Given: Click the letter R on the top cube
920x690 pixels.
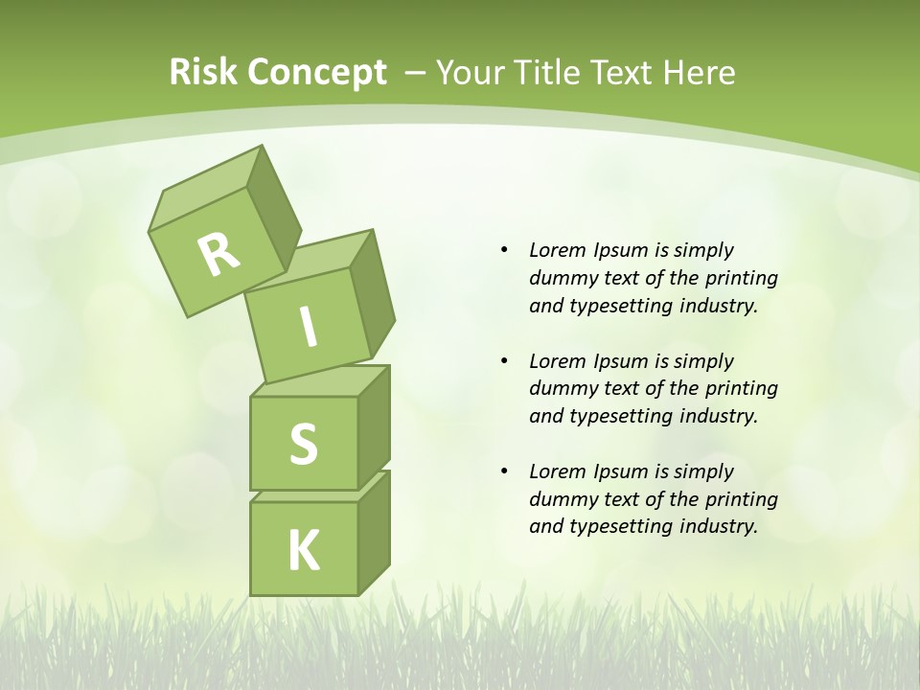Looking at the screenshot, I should pos(218,255).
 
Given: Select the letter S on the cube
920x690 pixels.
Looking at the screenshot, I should pos(303,445).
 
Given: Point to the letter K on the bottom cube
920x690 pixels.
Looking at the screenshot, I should pos(304,551).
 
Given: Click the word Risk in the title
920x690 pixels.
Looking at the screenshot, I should pos(202,73).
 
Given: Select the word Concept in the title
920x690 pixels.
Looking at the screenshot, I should pos(316,73).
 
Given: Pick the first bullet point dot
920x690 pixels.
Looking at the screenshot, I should pos(505,250).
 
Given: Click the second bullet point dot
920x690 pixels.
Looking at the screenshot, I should pos(505,361).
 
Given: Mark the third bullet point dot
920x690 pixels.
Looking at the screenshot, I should pos(505,471).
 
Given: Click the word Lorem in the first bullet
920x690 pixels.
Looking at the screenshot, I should pos(557,250).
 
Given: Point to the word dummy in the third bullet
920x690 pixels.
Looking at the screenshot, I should pos(561,499).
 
